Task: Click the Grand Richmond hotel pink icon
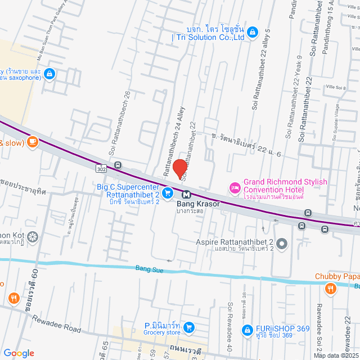point(234,187)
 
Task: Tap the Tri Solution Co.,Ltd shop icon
point(253,31)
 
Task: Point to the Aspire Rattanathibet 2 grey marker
point(282,244)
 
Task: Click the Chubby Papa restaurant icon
point(330,289)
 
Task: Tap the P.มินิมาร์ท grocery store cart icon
point(189,327)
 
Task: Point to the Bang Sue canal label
point(149,270)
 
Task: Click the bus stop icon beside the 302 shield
point(118,165)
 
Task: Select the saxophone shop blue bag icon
point(49,73)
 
